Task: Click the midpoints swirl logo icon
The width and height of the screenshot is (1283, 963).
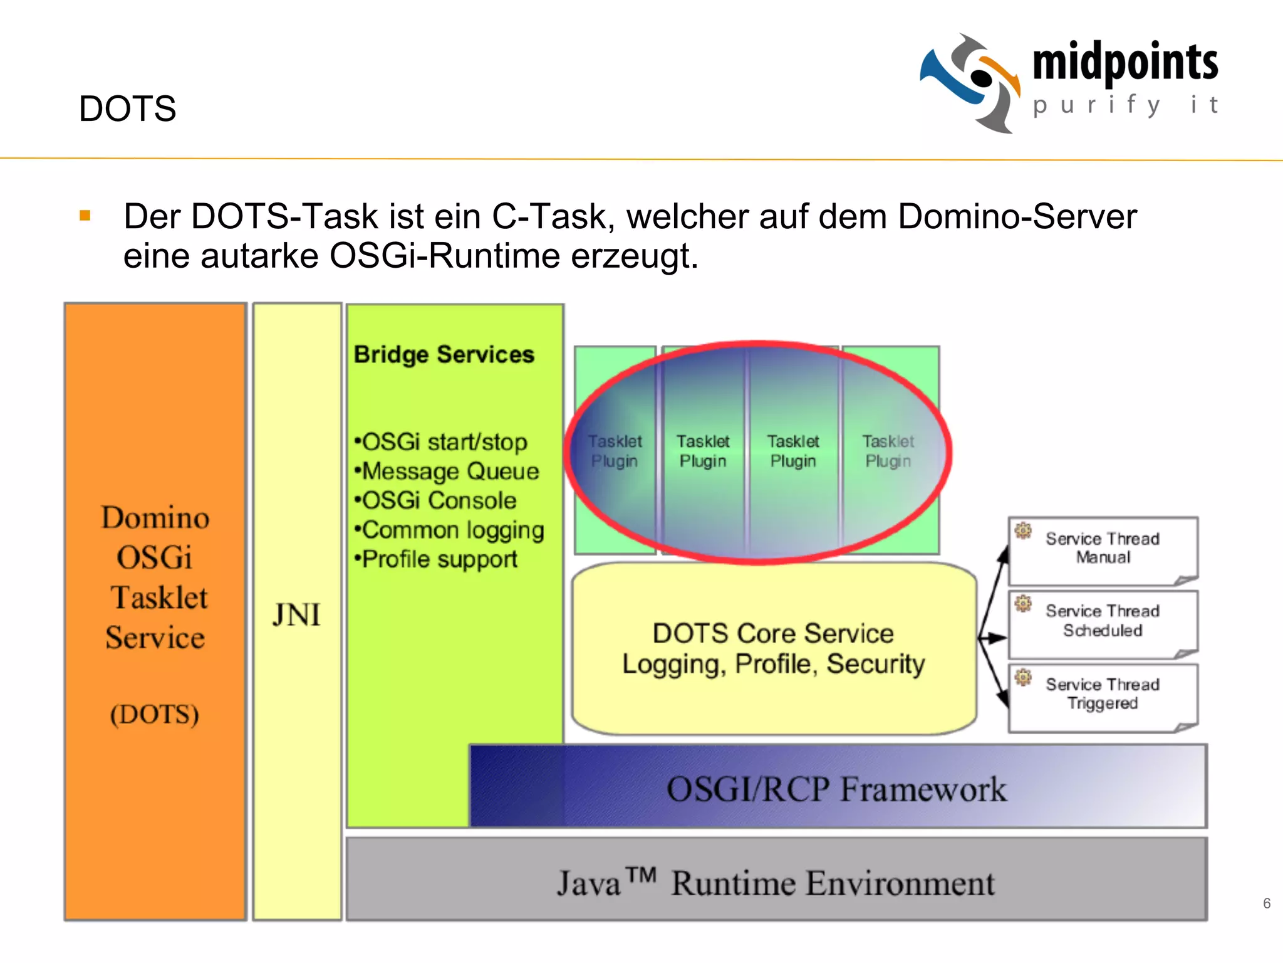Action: (x=970, y=83)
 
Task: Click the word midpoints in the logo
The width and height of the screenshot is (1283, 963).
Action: (x=1125, y=63)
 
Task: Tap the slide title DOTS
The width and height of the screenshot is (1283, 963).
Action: (x=127, y=108)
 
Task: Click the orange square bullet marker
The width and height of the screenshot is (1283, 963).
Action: (x=85, y=216)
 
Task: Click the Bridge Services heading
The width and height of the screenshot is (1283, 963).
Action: (x=444, y=354)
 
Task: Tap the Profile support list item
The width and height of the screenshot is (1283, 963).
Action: (x=439, y=559)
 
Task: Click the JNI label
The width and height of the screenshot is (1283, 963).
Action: (x=296, y=614)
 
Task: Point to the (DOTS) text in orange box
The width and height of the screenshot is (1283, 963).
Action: (x=155, y=714)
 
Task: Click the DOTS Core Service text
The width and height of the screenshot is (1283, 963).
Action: (x=773, y=633)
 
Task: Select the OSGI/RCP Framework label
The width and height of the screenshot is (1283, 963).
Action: (x=836, y=788)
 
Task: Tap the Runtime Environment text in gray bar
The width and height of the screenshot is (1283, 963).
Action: (x=833, y=883)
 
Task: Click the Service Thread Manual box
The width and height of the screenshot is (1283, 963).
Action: (x=1103, y=549)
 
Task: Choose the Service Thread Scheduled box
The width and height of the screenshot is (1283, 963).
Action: (x=1103, y=621)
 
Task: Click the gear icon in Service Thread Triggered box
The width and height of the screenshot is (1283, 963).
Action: (x=1023, y=676)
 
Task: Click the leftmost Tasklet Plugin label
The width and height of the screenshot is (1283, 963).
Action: (x=615, y=451)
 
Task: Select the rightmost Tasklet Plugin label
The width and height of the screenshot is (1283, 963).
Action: (x=888, y=451)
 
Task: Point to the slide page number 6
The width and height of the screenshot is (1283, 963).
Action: (x=1266, y=903)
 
